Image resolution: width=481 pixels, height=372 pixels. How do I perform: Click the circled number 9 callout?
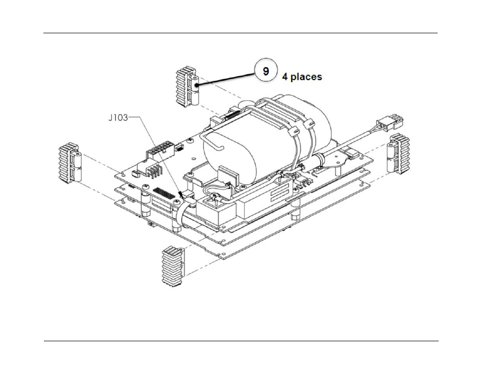point(265,70)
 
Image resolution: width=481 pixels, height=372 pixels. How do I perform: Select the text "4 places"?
point(302,77)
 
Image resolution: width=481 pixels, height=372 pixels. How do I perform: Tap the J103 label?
point(119,118)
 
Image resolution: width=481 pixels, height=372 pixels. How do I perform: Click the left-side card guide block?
point(70,162)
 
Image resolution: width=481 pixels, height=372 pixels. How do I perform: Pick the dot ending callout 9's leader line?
point(197,86)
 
